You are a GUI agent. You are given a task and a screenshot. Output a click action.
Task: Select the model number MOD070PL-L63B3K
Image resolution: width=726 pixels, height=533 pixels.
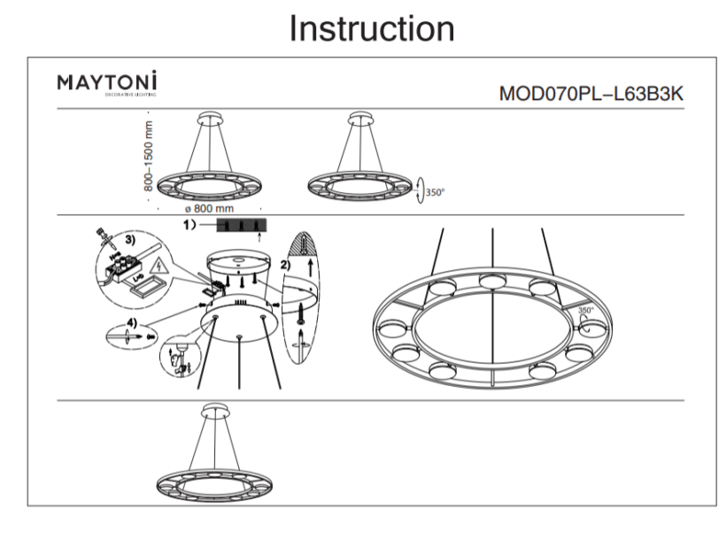pyautogui.click(x=591, y=94)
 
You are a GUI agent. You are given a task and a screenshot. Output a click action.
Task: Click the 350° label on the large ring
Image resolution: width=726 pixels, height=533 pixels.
pyautogui.click(x=585, y=311)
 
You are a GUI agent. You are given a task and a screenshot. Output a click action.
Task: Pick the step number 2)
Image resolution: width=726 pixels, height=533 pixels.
pyautogui.click(x=283, y=264)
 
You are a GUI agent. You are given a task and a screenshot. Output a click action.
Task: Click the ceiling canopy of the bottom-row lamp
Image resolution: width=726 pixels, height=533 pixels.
pyautogui.click(x=212, y=409)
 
